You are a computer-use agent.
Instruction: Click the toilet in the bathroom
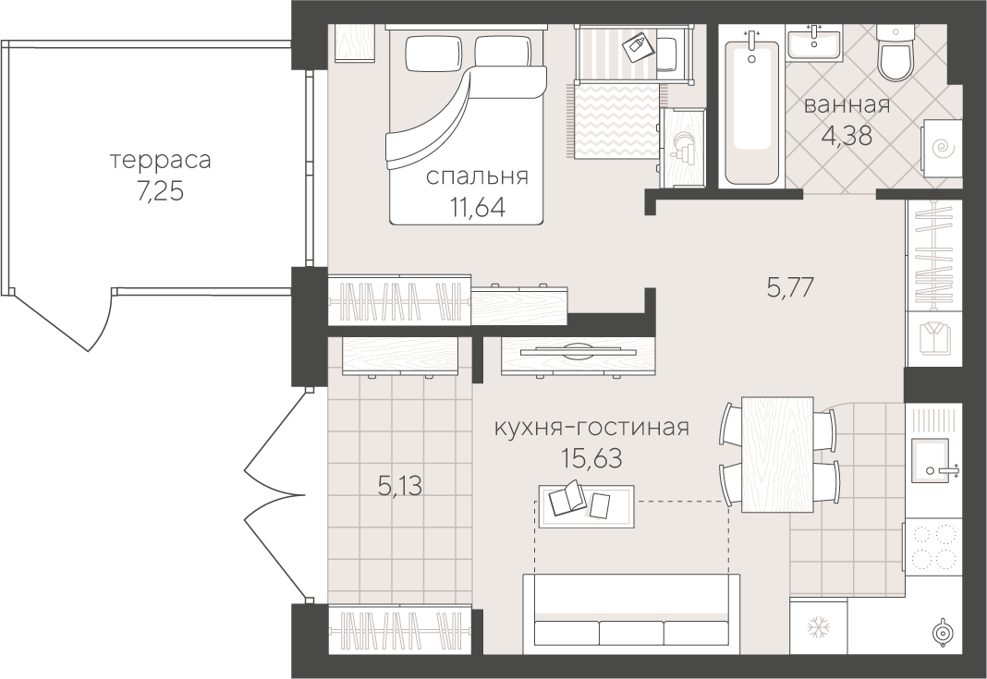pyautogui.click(x=894, y=56)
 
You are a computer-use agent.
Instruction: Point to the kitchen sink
pyautogui.click(x=928, y=460)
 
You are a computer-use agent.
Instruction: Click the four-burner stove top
pyautogui.click(x=933, y=547)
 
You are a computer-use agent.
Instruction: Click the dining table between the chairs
pyautogui.click(x=778, y=453)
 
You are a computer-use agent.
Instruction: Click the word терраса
pyautogui.click(x=160, y=161)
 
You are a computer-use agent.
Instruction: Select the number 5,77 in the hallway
pyautogui.click(x=789, y=288)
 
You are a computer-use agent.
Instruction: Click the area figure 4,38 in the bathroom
pyautogui.click(x=846, y=139)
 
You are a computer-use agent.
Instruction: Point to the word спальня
pyautogui.click(x=477, y=176)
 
